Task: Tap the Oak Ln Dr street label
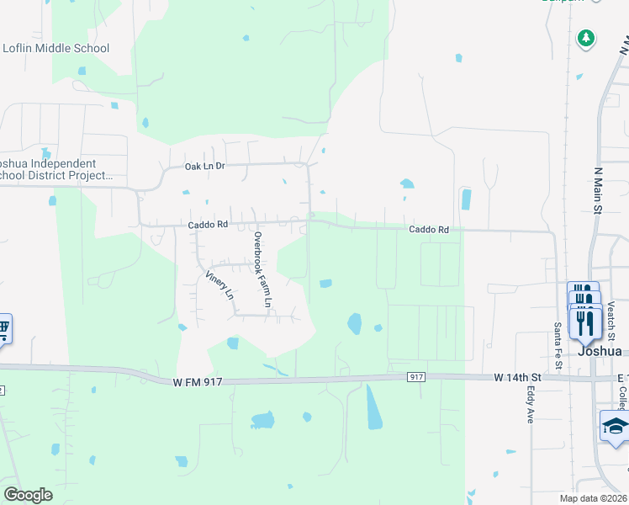pyautogui.click(x=205, y=167)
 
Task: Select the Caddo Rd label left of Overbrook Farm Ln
pyautogui.click(x=208, y=225)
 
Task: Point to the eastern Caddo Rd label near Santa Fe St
pyautogui.click(x=429, y=229)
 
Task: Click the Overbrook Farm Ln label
pyautogui.click(x=263, y=269)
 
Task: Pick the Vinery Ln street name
pyautogui.click(x=219, y=285)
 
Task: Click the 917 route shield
pyautogui.click(x=416, y=376)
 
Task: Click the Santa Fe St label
pyautogui.click(x=558, y=345)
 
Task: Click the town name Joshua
pyautogui.click(x=600, y=352)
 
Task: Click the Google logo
pyautogui.click(x=28, y=494)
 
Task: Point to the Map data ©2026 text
pyautogui.click(x=592, y=498)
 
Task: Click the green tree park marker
pyautogui.click(x=586, y=38)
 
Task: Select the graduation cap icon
pyautogui.click(x=615, y=424)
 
